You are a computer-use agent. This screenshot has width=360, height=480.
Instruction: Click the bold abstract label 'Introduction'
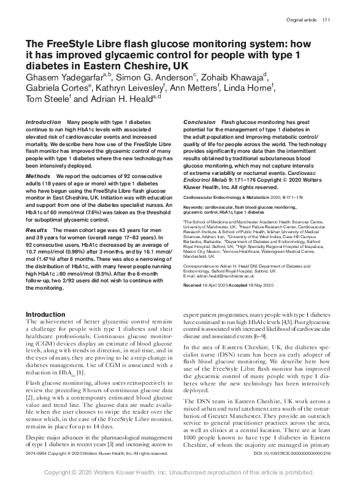click(x=44, y=123)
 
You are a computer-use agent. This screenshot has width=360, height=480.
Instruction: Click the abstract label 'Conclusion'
click(x=199, y=123)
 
